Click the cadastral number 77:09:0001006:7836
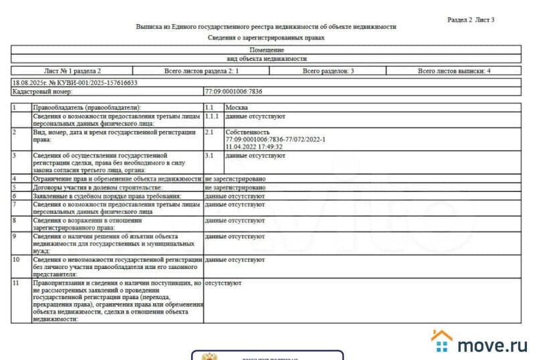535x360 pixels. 233,92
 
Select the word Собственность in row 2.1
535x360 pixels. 247,132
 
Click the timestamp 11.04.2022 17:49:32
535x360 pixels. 254,146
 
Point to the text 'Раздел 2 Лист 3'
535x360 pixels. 471,20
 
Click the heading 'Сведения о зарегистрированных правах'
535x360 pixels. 266,38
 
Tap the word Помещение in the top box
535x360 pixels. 266,50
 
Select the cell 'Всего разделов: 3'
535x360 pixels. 328,70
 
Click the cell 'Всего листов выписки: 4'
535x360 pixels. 454,70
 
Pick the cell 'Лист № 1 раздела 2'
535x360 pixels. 72,70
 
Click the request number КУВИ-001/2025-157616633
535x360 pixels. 94,83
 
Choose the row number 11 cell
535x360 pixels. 21,283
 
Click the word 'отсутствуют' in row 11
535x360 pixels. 223,283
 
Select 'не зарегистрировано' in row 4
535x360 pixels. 235,179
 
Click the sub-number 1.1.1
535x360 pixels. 213,116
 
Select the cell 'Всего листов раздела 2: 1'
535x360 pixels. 201,70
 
